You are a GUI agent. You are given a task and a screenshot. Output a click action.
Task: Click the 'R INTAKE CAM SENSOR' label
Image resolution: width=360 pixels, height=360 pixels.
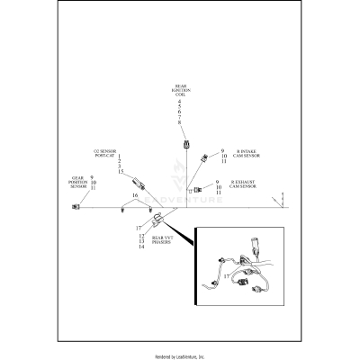[248, 154]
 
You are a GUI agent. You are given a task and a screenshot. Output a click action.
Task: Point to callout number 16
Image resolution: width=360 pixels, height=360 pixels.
[135, 194]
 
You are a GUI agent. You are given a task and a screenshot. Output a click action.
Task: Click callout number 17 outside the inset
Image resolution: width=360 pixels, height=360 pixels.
[139, 228]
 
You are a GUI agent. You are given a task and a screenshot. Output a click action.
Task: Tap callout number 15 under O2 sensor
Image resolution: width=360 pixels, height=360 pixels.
[121, 171]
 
